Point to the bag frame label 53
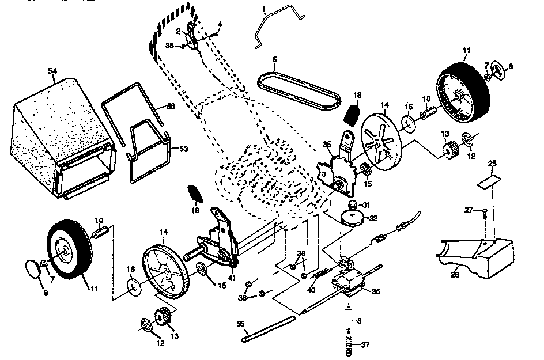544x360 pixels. click(x=184, y=149)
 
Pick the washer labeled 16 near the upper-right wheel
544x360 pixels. click(x=408, y=122)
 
